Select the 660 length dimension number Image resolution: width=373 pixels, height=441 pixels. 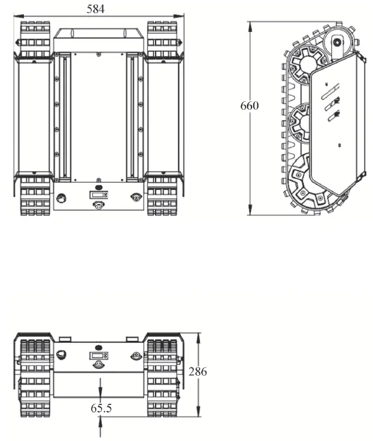point(249,105)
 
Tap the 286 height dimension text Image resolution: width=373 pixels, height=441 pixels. point(198,372)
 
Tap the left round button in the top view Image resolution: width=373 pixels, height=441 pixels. point(60,197)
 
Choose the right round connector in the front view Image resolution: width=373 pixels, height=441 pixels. point(137,355)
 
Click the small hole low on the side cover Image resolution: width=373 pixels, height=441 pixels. point(339,145)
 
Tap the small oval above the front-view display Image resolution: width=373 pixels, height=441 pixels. point(99,346)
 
